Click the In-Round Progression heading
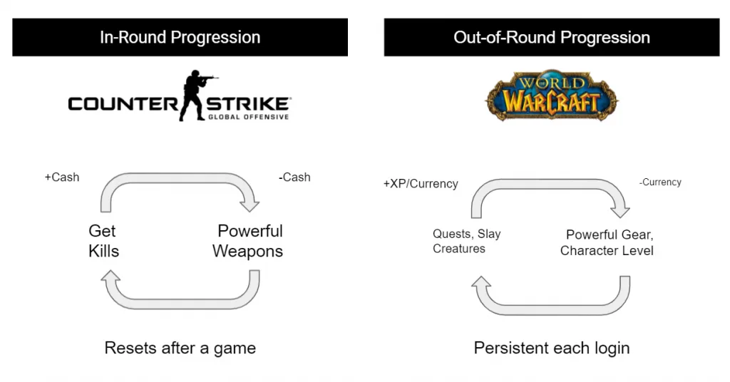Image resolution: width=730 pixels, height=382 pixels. click(x=180, y=37)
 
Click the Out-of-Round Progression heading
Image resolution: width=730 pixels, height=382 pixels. click(x=551, y=37)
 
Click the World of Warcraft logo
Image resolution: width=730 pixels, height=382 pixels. click(x=551, y=95)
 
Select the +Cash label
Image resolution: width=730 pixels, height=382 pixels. click(x=61, y=177)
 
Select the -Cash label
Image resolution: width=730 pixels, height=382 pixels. click(x=294, y=177)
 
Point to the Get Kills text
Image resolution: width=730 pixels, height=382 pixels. click(x=103, y=241)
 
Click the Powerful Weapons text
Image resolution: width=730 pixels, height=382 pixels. click(x=248, y=241)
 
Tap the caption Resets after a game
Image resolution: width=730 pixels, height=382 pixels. click(x=180, y=349)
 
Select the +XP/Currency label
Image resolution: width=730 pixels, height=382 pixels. click(x=420, y=184)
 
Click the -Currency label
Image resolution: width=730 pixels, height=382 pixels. click(x=660, y=182)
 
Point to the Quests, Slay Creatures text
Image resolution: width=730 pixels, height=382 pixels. click(x=466, y=242)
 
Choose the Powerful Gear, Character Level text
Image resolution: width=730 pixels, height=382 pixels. click(x=607, y=242)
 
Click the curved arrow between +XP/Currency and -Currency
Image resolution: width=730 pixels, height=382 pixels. click(x=549, y=188)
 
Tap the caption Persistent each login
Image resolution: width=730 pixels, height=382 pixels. click(x=551, y=349)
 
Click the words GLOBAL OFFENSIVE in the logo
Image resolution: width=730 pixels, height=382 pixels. click(x=248, y=117)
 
